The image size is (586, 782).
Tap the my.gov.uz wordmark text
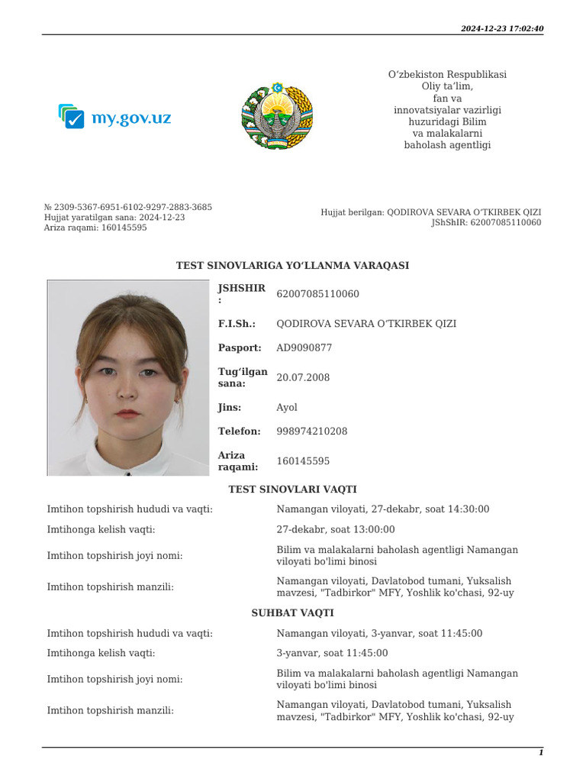pyautogui.click(x=130, y=118)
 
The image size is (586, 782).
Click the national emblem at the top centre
pyautogui.click(x=277, y=117)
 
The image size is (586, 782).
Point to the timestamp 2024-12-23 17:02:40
pyautogui.click(x=501, y=29)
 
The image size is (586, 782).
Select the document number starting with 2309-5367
pyautogui.click(x=128, y=207)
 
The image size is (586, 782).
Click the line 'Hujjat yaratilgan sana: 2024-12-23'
pyautogui.click(x=114, y=218)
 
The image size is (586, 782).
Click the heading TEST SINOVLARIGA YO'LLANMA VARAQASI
pyautogui.click(x=292, y=266)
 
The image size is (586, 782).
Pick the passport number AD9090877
pyautogui.click(x=304, y=347)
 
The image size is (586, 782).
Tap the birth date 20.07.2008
pyautogui.click(x=303, y=377)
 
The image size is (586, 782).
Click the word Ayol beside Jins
pyautogui.click(x=287, y=407)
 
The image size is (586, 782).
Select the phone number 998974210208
pyautogui.click(x=311, y=431)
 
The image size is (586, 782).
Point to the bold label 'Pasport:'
pyautogui.click(x=240, y=347)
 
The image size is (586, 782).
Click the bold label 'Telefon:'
pyautogui.click(x=239, y=431)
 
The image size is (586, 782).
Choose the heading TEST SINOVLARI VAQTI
pyautogui.click(x=292, y=490)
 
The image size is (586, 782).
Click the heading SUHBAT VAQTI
pyautogui.click(x=292, y=613)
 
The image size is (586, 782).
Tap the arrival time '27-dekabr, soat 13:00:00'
pyautogui.click(x=336, y=529)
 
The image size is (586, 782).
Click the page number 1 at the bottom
pyautogui.click(x=541, y=753)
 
